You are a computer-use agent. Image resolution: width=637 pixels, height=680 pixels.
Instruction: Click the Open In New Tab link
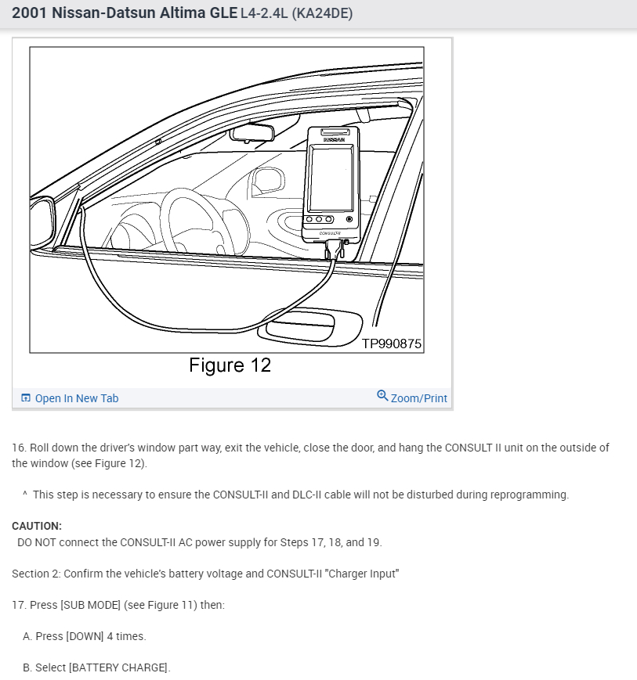coord(76,398)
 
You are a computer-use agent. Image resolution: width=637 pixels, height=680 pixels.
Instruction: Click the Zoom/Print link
coord(418,398)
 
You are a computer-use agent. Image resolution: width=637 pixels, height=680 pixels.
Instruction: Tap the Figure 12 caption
coord(230,365)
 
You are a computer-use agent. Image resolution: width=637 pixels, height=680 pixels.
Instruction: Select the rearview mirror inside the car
coord(253,134)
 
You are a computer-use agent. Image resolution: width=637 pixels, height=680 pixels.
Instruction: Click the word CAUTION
coord(37,526)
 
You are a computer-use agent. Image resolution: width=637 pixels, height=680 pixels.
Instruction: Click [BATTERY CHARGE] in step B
coord(119,667)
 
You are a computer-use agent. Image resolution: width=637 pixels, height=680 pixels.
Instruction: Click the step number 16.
coord(19,448)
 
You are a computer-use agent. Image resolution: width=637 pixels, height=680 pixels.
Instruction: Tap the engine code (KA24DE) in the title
coord(322,14)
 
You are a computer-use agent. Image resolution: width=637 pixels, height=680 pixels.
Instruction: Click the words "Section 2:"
coord(36,574)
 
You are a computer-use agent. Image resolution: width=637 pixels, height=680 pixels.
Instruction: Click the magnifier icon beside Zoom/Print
coord(382,396)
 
